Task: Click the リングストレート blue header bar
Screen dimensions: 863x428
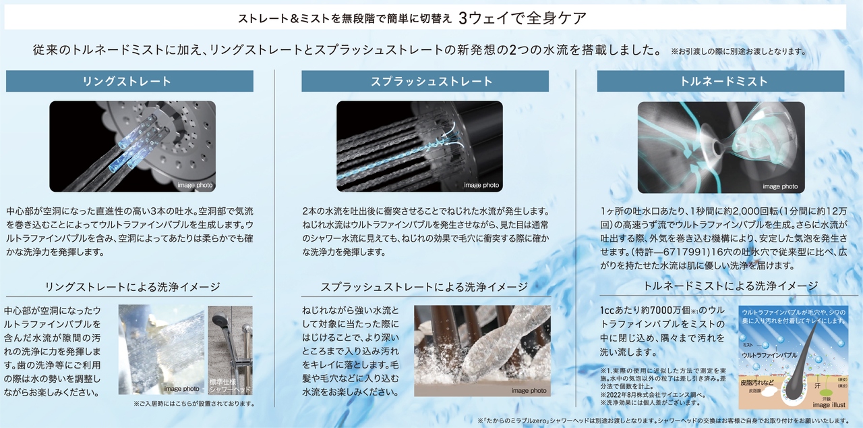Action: (x=129, y=81)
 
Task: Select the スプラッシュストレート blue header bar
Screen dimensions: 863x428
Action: (x=425, y=81)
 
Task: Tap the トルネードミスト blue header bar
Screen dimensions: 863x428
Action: (x=721, y=81)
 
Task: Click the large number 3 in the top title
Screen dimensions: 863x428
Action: (x=463, y=18)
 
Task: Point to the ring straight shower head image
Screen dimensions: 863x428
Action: (x=133, y=146)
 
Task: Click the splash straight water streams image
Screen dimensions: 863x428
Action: (x=419, y=146)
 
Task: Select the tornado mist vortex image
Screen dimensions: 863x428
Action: (x=721, y=147)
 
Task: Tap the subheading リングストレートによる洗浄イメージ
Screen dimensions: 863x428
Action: (x=133, y=287)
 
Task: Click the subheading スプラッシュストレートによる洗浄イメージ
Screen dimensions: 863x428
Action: (x=424, y=287)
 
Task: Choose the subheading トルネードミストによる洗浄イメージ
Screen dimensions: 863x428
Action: (x=730, y=286)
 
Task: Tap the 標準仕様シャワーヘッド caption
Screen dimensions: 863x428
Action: (x=230, y=385)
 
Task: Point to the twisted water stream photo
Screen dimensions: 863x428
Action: (x=482, y=351)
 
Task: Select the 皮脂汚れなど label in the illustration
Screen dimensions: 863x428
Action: (x=757, y=383)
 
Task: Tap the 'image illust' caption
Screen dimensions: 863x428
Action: (x=829, y=405)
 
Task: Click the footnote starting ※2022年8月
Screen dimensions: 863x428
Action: (x=653, y=395)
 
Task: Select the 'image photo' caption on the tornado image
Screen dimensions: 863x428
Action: (x=780, y=186)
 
